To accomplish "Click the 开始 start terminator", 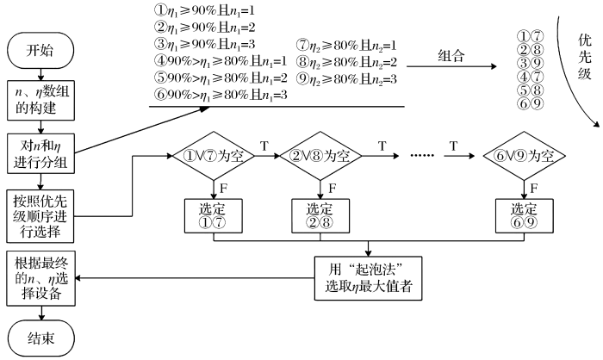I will click(40, 51).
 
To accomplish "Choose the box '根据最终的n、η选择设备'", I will click(40, 277).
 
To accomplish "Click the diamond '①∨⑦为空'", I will click(210, 157).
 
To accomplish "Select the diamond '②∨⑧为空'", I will click(319, 157).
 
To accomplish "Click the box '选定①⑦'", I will click(210, 215).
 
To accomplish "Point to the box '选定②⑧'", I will click(319, 215).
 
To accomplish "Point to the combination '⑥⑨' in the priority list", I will click(530, 104).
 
